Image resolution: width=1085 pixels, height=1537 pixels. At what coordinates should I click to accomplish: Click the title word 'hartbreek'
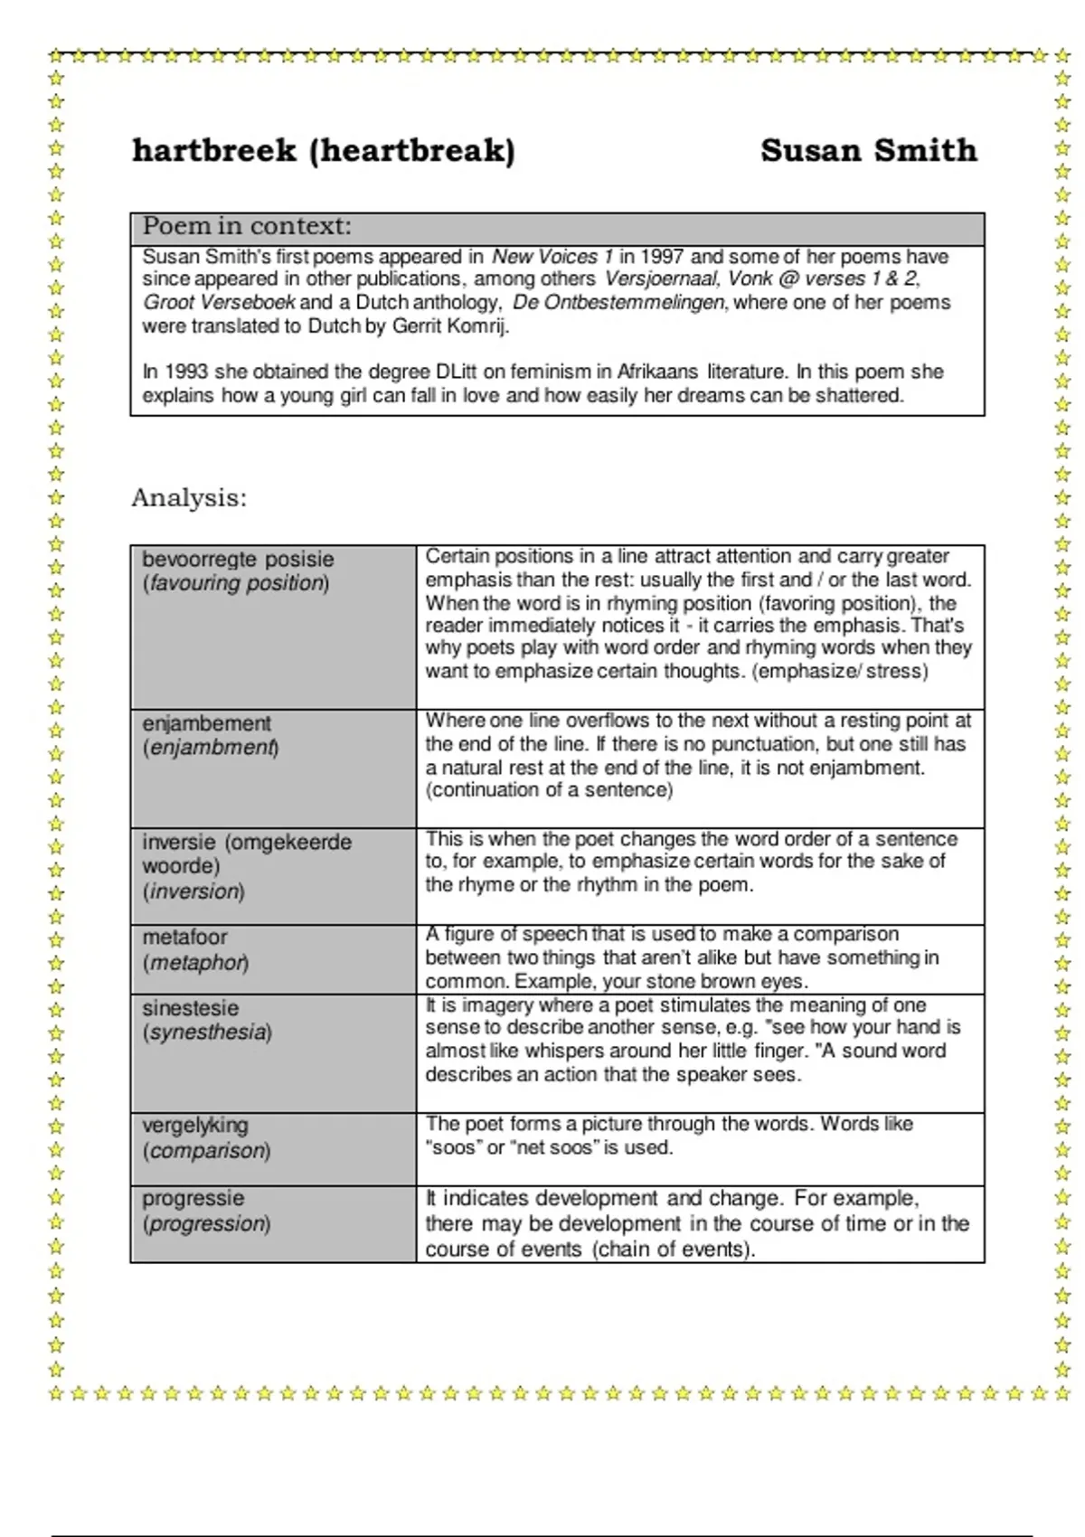point(214,150)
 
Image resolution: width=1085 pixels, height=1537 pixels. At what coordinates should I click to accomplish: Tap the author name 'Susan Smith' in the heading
point(868,150)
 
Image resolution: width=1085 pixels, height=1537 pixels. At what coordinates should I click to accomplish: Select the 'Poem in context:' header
point(247,226)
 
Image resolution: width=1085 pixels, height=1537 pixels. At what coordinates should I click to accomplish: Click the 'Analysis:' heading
point(189,498)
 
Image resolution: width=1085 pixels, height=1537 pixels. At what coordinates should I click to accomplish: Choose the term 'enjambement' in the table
point(206,723)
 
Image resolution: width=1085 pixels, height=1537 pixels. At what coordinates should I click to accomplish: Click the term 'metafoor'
point(184,938)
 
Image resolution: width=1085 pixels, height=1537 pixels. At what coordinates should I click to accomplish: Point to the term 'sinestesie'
point(190,1008)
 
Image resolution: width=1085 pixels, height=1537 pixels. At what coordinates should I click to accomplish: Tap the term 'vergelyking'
point(194,1126)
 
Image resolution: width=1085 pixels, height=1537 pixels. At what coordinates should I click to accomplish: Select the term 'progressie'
point(193,1199)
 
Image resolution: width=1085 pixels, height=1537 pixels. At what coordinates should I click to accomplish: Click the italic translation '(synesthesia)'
point(207,1033)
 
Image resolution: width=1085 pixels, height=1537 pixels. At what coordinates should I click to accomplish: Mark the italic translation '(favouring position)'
point(236,583)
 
